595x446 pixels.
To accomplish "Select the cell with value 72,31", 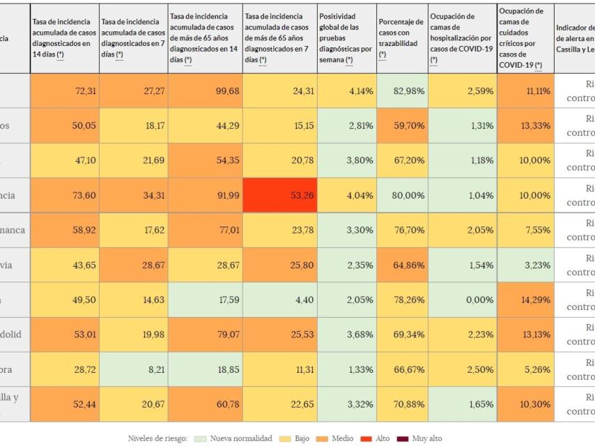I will click(64, 91).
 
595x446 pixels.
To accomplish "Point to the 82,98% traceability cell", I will click(401, 91).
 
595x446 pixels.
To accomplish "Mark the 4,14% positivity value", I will click(346, 91).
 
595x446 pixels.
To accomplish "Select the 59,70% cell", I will click(401, 125).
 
